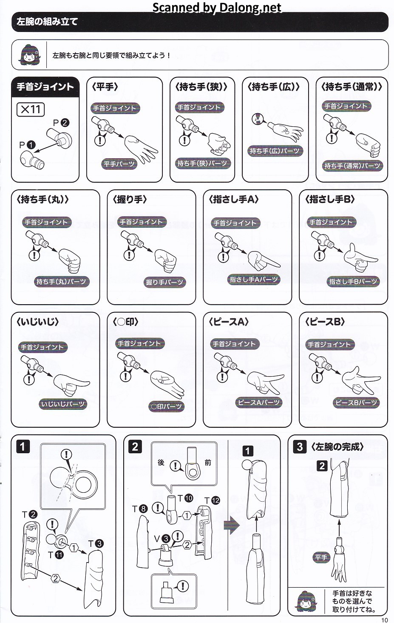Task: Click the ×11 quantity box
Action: [31, 109]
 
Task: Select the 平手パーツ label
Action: [119, 164]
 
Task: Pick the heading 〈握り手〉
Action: [130, 199]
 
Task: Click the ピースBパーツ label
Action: [356, 403]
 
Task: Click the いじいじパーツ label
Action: [63, 404]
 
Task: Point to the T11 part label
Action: [56, 555]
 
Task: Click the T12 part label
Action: [212, 500]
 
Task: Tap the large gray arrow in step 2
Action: [232, 526]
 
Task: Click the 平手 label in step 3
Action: [321, 557]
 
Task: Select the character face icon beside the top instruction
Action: [29, 54]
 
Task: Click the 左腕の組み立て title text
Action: [47, 21]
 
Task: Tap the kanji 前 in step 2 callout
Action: [208, 463]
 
